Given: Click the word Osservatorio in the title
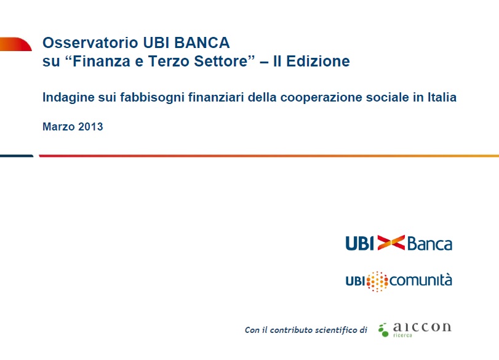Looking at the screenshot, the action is point(90,42).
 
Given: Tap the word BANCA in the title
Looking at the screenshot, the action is point(202,42).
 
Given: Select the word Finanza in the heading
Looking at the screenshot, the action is point(102,61).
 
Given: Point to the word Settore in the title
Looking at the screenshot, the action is point(220,61).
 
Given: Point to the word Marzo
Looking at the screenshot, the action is point(58,127).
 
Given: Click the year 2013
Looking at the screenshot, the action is point(90,127).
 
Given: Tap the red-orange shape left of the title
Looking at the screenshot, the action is point(15,44).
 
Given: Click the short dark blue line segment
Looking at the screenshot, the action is point(17,156).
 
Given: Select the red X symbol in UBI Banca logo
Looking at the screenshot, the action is point(391,243).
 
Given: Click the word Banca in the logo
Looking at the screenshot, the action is point(429,244).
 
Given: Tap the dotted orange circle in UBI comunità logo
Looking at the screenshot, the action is point(377,281).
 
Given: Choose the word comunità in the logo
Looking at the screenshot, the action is point(420,281).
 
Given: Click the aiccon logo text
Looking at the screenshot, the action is point(422,327).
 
